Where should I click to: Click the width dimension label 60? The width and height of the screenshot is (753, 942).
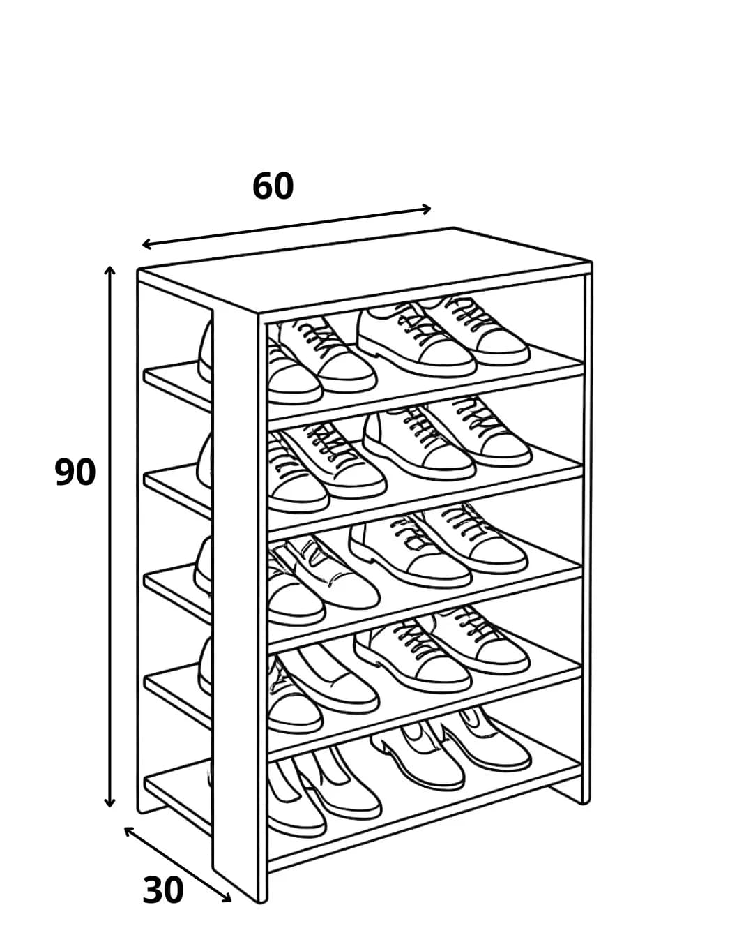pyautogui.click(x=273, y=186)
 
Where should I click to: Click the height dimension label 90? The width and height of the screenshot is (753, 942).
pyautogui.click(x=75, y=472)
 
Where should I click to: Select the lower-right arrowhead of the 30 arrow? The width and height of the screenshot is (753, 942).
pyautogui.click(x=227, y=897)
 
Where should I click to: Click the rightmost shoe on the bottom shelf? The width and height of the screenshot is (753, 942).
pyautogui.click(x=486, y=740)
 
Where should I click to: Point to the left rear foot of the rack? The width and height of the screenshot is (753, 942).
pyautogui.click(x=151, y=807)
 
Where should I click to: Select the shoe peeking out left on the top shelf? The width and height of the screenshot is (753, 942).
pyautogui.click(x=205, y=352)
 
